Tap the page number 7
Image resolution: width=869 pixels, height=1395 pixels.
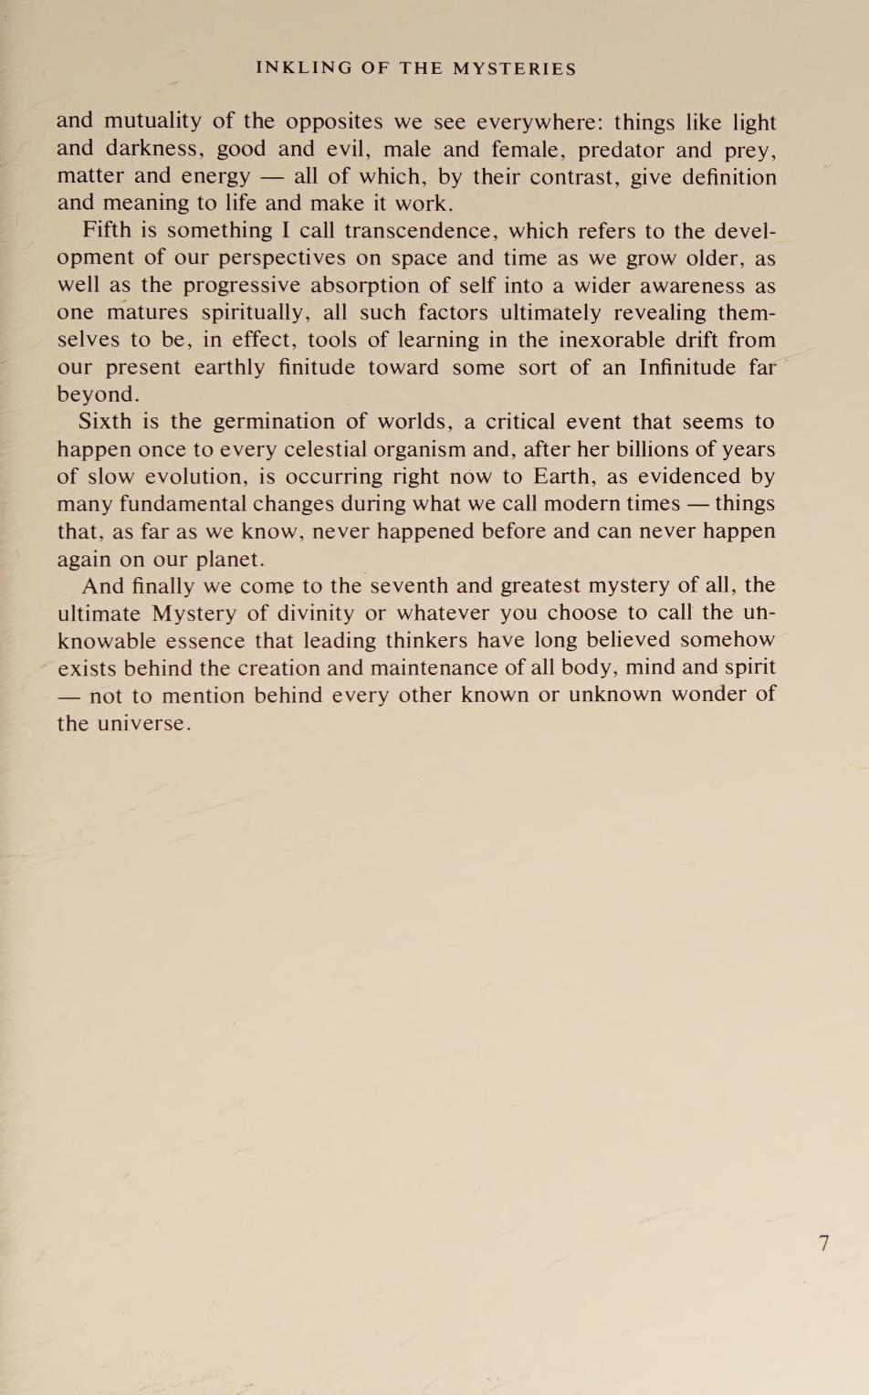tap(823, 1243)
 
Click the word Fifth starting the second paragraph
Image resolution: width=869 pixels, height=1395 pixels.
tap(107, 230)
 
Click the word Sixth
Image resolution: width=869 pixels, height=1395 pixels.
tap(105, 421)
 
